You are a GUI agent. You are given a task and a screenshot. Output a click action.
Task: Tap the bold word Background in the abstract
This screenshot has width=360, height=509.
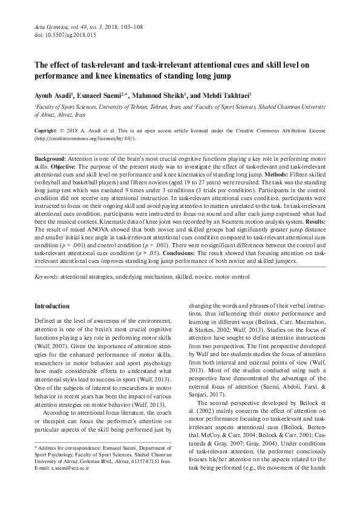[x=51, y=158]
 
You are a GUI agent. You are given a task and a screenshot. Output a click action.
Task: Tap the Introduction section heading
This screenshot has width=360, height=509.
[x=52, y=306]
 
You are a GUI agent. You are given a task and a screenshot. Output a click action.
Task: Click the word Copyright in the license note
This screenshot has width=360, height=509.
[x=46, y=131]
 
